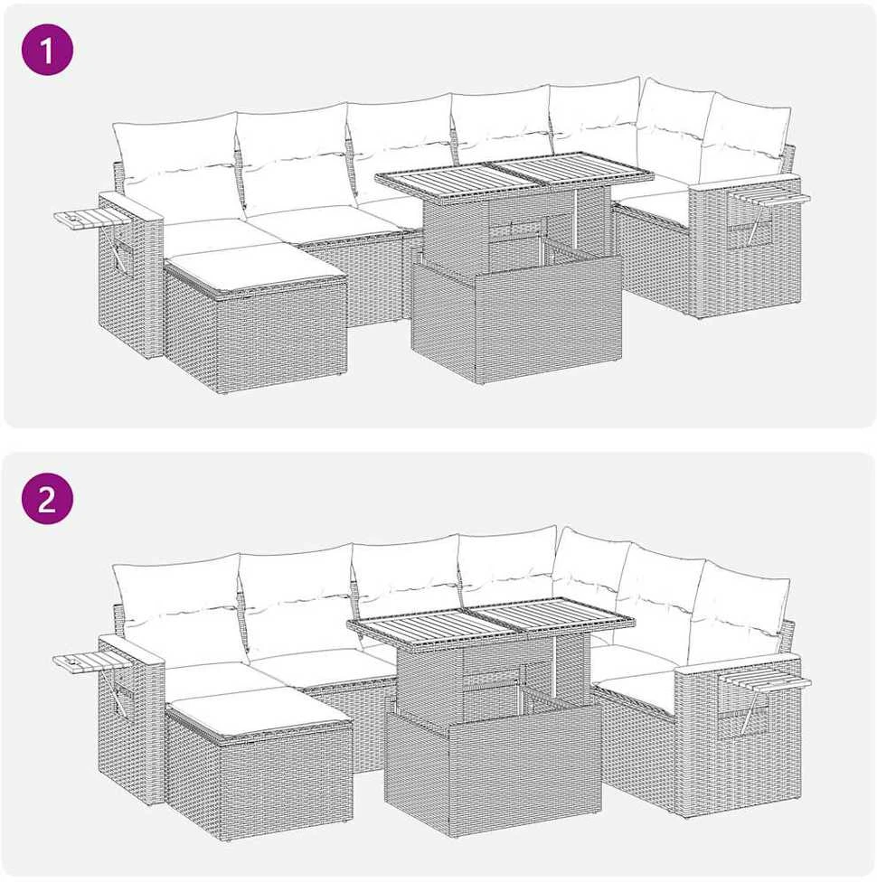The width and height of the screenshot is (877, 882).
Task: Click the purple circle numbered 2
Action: [x=47, y=498]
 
